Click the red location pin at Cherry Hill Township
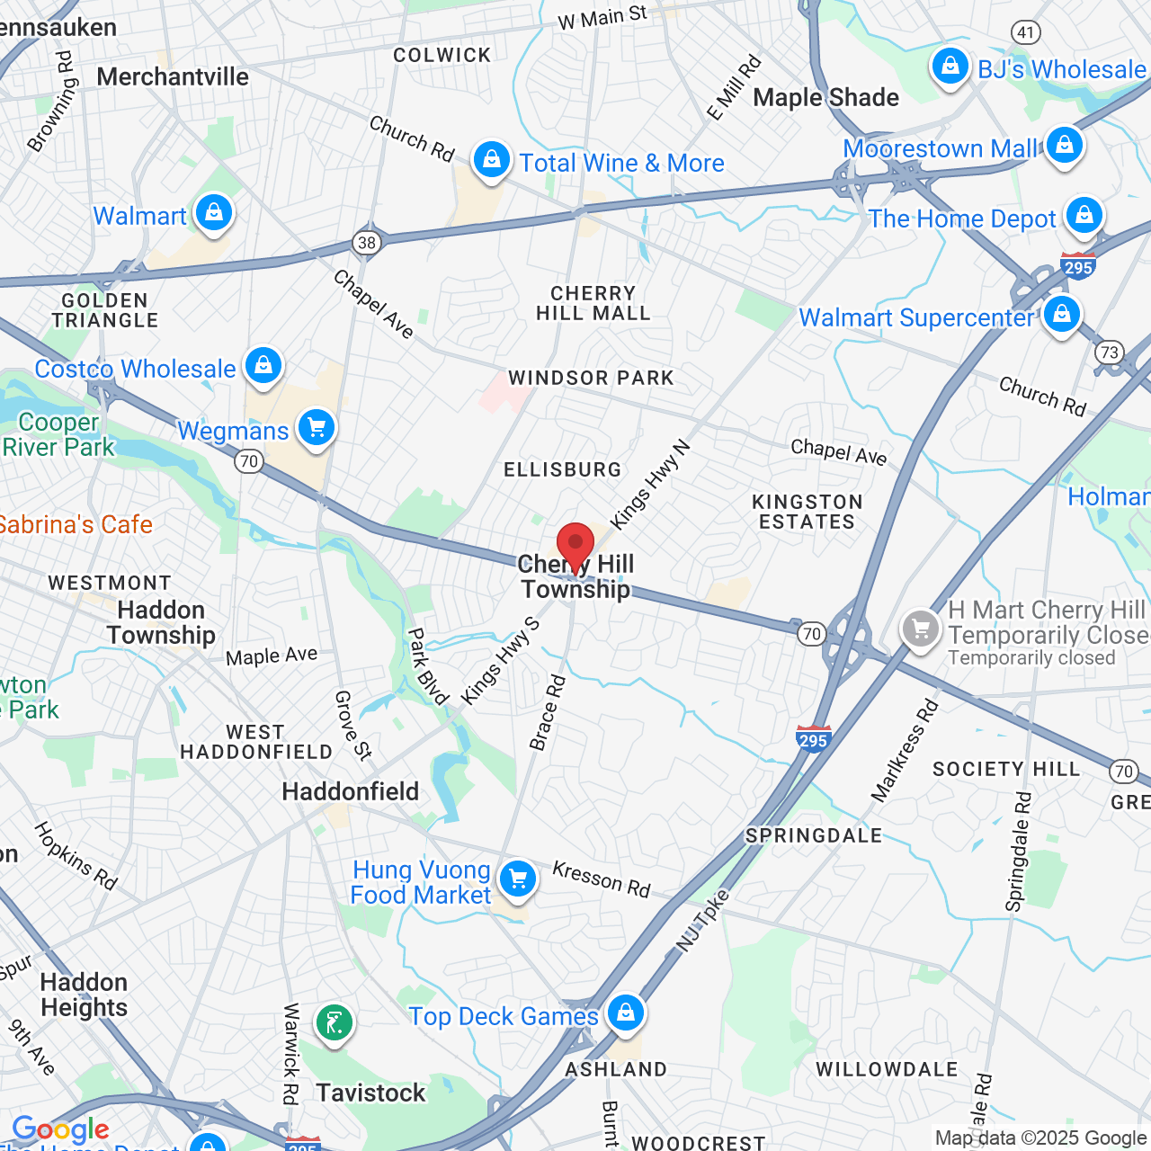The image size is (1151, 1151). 575,545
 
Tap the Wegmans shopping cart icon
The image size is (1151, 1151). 317,427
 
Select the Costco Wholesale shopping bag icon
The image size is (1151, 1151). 263,366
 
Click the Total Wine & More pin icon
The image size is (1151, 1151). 491,160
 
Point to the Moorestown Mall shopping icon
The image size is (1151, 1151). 1065,145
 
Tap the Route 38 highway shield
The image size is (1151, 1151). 366,242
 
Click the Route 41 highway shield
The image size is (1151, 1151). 1026,32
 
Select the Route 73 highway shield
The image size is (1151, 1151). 1110,352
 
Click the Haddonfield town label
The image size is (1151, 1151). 351,791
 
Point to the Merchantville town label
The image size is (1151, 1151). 173,77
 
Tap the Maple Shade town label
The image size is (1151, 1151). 825,97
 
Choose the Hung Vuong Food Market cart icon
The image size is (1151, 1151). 518,879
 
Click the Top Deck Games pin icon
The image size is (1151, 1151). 626,1012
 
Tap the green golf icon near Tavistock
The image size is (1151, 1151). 335,1022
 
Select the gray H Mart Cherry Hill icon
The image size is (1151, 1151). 921,629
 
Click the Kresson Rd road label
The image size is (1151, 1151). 601,879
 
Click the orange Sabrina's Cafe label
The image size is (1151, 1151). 76,524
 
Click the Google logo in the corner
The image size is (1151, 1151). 60,1129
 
